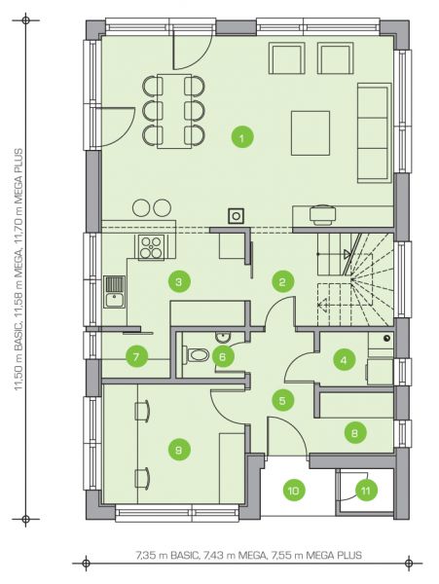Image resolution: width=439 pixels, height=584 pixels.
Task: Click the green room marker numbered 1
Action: tap(242, 137)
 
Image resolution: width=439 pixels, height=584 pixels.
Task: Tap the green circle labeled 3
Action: tap(179, 281)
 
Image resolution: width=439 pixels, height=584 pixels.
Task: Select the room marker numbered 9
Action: tap(179, 450)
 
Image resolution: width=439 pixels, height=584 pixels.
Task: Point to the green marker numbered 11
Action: tap(366, 491)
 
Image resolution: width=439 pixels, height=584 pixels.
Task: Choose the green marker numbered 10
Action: tap(293, 491)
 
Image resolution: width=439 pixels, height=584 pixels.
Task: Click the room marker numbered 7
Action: tap(136, 357)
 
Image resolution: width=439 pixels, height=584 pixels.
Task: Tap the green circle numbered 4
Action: tap(344, 360)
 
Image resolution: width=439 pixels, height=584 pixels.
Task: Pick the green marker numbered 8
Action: tap(354, 432)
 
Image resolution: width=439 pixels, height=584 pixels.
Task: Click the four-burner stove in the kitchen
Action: tap(151, 247)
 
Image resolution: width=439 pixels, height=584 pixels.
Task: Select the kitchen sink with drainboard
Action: tap(114, 292)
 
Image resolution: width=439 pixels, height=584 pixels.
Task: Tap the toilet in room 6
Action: tap(197, 354)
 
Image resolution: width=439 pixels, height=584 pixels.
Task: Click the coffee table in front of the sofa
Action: tap(311, 133)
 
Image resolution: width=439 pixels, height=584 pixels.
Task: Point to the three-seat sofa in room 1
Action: tap(374, 133)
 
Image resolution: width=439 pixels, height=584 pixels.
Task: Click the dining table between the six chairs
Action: tap(174, 111)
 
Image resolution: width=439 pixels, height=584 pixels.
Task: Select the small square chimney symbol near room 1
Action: tap(237, 216)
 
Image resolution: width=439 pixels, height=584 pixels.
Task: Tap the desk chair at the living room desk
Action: tap(323, 215)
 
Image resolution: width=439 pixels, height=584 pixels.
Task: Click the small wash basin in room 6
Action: tap(223, 337)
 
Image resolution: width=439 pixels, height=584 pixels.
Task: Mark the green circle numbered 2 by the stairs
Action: tap(282, 281)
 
